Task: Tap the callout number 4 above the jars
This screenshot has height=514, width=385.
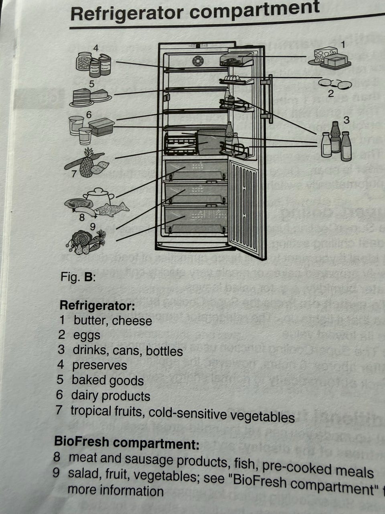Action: [x=95, y=48]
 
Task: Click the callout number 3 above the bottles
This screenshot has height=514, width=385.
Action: [x=346, y=120]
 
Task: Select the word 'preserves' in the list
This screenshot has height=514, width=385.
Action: [x=99, y=365]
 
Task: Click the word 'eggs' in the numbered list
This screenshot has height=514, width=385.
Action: [x=87, y=335]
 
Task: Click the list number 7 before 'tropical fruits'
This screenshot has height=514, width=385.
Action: [x=60, y=410]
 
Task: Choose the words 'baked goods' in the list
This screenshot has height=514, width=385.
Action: [x=107, y=380]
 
